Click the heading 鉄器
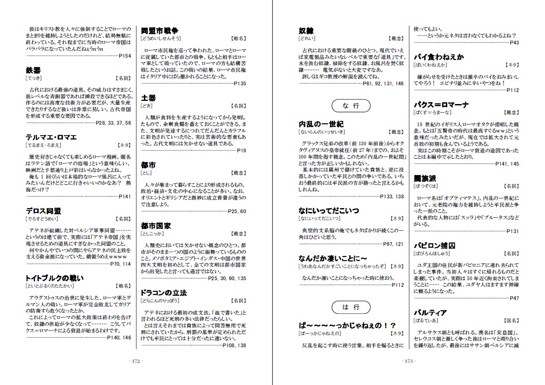point(34,71)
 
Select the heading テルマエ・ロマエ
point(51,138)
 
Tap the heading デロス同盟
point(43,211)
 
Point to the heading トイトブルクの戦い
point(55,278)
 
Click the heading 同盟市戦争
point(159,31)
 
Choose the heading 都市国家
point(156,226)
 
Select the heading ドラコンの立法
point(164,293)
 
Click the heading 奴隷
point(306,31)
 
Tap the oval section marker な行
point(351,106)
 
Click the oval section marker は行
point(351,307)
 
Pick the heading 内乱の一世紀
point(321,124)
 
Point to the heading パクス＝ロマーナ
point(441,105)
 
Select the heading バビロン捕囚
point(434,246)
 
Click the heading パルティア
point(430,313)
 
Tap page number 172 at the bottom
point(136,361)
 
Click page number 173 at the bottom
point(409,361)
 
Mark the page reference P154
point(125,56)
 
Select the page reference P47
point(514,298)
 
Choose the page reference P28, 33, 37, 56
point(113,123)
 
